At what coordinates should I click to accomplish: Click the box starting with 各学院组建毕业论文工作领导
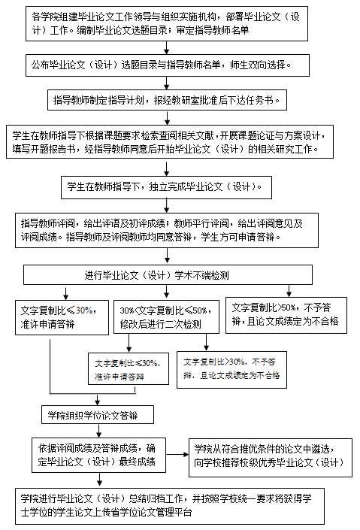pyautogui.click(x=167, y=23)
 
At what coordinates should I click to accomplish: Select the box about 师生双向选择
pyautogui.click(x=168, y=65)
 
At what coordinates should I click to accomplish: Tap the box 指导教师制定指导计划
pyautogui.click(x=167, y=100)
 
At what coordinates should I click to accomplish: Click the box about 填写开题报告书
pyautogui.click(x=170, y=141)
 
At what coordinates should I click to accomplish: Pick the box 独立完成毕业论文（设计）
pyautogui.click(x=166, y=187)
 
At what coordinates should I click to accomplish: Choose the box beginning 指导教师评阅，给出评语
pyautogui.click(x=167, y=230)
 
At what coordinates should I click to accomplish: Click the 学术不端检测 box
pyautogui.click(x=168, y=275)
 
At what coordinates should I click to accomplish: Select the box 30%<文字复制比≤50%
pyautogui.click(x=166, y=317)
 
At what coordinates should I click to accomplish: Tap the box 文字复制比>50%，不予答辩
pyautogui.click(x=286, y=315)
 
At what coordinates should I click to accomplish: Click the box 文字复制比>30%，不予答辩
pyautogui.click(x=232, y=370)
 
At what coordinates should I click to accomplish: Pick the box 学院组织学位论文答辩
pyautogui.click(x=98, y=415)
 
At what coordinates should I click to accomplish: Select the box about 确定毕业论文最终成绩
pyautogui.click(x=98, y=456)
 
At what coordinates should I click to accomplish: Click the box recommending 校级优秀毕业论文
pyautogui.click(x=271, y=458)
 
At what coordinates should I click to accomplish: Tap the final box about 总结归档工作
pyautogui.click(x=170, y=506)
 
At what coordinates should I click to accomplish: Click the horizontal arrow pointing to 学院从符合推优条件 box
pyautogui.click(x=177, y=455)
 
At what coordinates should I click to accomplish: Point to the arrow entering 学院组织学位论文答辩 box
pyautogui.click(x=98, y=400)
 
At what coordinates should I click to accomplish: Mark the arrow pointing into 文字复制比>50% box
pyautogui.click(x=289, y=291)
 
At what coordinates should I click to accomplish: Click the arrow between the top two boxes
pyautogui.click(x=166, y=47)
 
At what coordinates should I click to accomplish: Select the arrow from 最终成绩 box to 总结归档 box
pyautogui.click(x=99, y=480)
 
